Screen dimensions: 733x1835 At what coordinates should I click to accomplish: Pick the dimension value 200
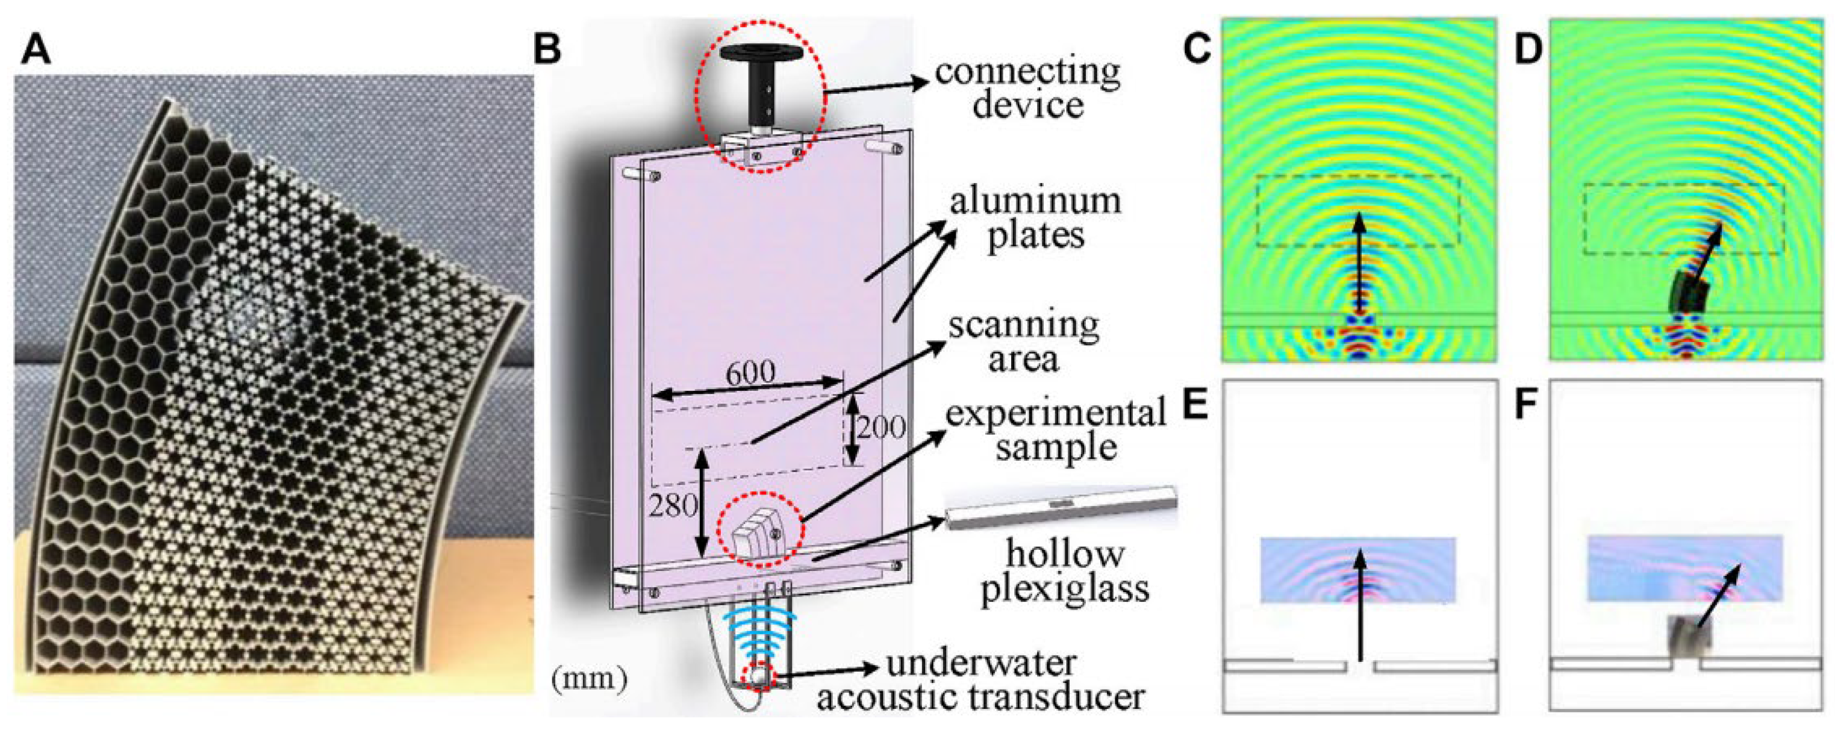pos(880,428)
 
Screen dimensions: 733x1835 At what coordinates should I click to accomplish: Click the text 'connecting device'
pos(1027,89)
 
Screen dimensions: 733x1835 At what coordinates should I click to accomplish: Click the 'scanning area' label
pos(1024,342)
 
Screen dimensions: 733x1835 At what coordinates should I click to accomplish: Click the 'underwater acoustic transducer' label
pos(981,679)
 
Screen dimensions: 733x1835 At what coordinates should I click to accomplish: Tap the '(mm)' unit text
pos(589,679)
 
